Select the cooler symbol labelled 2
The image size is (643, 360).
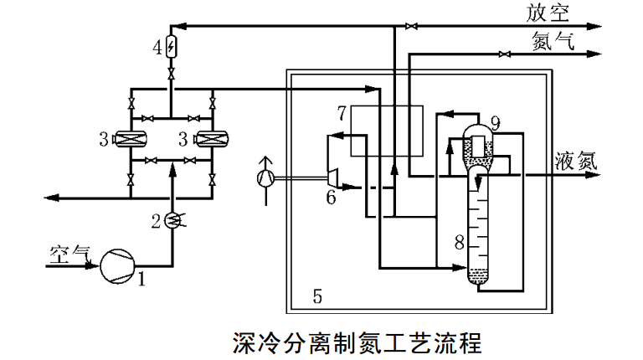[x=172, y=220]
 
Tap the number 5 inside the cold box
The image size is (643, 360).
[x=317, y=295]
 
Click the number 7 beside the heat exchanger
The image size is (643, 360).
[x=342, y=113]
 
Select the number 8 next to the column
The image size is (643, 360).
[x=458, y=243]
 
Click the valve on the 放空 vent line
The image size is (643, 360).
[x=409, y=28]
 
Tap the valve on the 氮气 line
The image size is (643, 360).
[x=502, y=55]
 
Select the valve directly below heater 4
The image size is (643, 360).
[x=172, y=75]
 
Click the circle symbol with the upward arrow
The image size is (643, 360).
[x=267, y=177]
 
